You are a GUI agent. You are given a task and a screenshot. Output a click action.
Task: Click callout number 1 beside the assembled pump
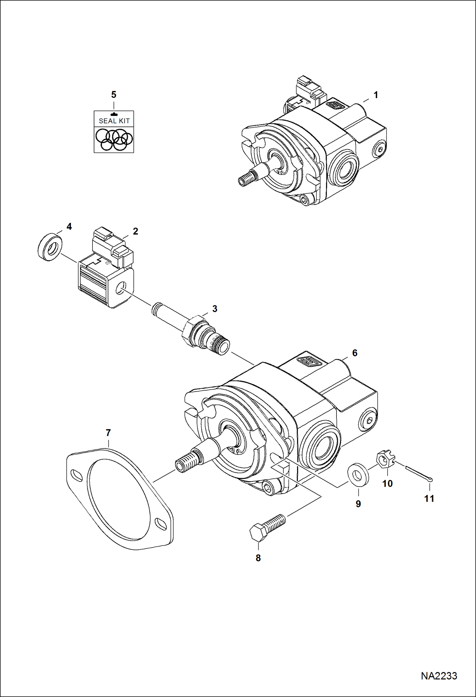point(376,95)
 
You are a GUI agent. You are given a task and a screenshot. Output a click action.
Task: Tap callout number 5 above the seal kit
point(114,94)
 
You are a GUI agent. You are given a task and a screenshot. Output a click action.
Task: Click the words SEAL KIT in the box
point(114,121)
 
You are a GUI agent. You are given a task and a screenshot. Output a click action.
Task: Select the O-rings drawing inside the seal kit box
point(114,139)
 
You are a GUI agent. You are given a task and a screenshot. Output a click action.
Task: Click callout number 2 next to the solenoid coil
point(135,231)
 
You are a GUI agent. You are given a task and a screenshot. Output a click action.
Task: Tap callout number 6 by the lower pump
point(355,353)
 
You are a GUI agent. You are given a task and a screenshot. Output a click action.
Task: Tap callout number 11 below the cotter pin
point(429,498)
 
